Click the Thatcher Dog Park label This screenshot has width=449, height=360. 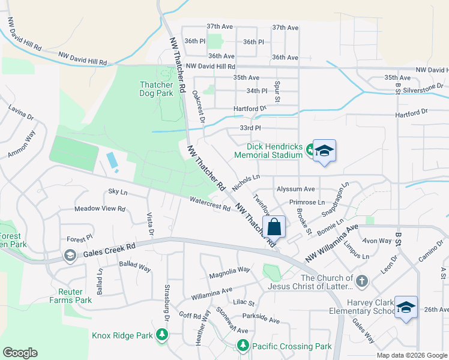[x=156, y=89]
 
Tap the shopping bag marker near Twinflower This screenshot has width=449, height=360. [x=274, y=227]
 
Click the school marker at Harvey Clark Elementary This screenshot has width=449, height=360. [x=406, y=307]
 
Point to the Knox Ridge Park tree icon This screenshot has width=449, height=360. [x=161, y=334]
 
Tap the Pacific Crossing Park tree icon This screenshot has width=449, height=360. [x=243, y=346]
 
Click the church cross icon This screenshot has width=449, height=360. [x=361, y=281]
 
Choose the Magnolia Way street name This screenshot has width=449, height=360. [x=229, y=272]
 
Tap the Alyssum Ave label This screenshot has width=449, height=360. [x=295, y=188]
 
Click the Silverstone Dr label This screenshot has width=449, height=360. [x=424, y=86]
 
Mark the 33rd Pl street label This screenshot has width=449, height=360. [x=250, y=128]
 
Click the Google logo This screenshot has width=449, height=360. [x=20, y=353]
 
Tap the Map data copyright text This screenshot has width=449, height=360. [x=411, y=355]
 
